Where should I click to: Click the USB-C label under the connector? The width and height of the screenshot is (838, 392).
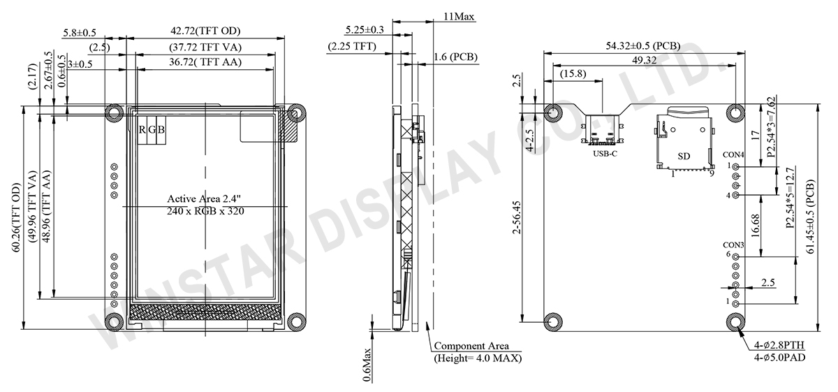(605, 154)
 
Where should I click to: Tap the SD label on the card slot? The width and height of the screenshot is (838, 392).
(684, 157)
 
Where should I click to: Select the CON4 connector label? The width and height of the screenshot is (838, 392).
(733, 154)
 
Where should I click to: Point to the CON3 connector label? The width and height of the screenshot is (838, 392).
(733, 245)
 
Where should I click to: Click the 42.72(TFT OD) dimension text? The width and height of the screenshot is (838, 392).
(205, 31)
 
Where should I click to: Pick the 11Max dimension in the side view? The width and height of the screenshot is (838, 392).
(459, 17)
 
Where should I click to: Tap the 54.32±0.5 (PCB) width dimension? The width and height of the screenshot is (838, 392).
(643, 45)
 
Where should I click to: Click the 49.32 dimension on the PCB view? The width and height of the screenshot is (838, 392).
(644, 60)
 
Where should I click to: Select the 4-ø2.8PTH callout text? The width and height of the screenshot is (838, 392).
(779, 344)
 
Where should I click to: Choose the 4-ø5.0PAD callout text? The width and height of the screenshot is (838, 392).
(779, 358)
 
